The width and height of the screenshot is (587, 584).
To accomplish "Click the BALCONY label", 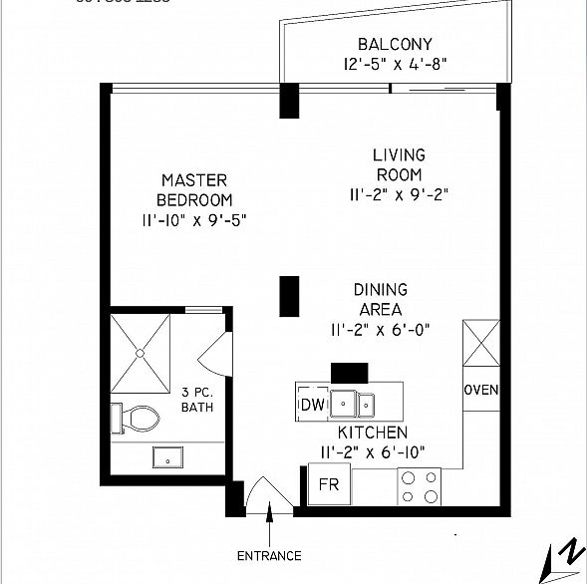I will point(394,44).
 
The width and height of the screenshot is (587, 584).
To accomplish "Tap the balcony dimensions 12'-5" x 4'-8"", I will point(394,65).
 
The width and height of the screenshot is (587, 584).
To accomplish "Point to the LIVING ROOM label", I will point(399,164).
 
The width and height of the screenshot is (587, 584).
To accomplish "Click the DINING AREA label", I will point(380,299).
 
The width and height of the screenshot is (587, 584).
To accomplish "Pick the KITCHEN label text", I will point(372,433).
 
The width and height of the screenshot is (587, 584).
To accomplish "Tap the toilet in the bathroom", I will point(134,418).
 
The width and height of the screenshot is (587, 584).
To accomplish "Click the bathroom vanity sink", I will point(167,457).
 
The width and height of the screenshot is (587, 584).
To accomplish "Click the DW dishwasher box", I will point(312,406).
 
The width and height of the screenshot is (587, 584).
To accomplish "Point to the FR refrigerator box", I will point(328,485).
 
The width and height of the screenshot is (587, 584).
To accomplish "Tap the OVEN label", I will point(480,390).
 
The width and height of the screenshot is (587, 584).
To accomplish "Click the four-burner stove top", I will point(420,486).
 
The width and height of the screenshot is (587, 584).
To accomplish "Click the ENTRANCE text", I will point(268,555).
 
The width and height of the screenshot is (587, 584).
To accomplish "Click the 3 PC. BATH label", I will point(198,400).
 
